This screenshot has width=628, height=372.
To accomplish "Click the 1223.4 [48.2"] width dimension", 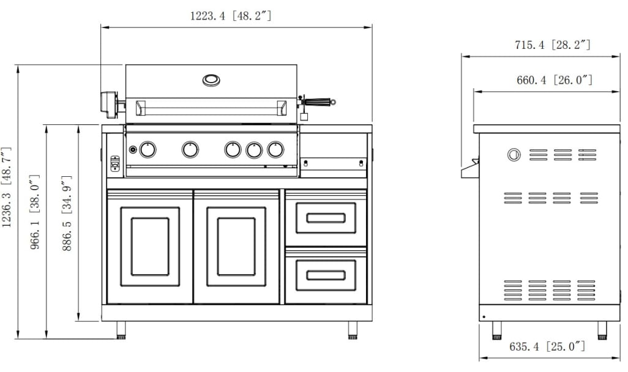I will [230, 17].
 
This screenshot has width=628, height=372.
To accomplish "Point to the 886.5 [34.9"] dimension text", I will [68, 214].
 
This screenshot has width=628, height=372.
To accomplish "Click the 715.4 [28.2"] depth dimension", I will [552, 45].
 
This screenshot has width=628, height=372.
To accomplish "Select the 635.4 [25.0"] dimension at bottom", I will [547, 347].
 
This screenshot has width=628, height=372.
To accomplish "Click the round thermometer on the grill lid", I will [211, 80].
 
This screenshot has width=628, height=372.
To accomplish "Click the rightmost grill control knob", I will [276, 149].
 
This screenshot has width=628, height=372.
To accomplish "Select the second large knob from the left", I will [190, 149].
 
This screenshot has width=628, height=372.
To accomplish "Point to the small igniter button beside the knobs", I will [133, 150].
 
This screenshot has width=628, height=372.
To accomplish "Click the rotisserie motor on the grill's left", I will [111, 103].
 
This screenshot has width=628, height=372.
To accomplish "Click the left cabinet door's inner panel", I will [150, 246].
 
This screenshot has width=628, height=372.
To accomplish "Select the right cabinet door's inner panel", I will [236, 246].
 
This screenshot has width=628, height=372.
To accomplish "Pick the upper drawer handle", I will [326, 218].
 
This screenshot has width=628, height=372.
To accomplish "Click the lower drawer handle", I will [326, 275].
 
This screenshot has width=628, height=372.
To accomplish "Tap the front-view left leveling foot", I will [122, 330].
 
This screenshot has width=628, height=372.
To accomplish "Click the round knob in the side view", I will [514, 155].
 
